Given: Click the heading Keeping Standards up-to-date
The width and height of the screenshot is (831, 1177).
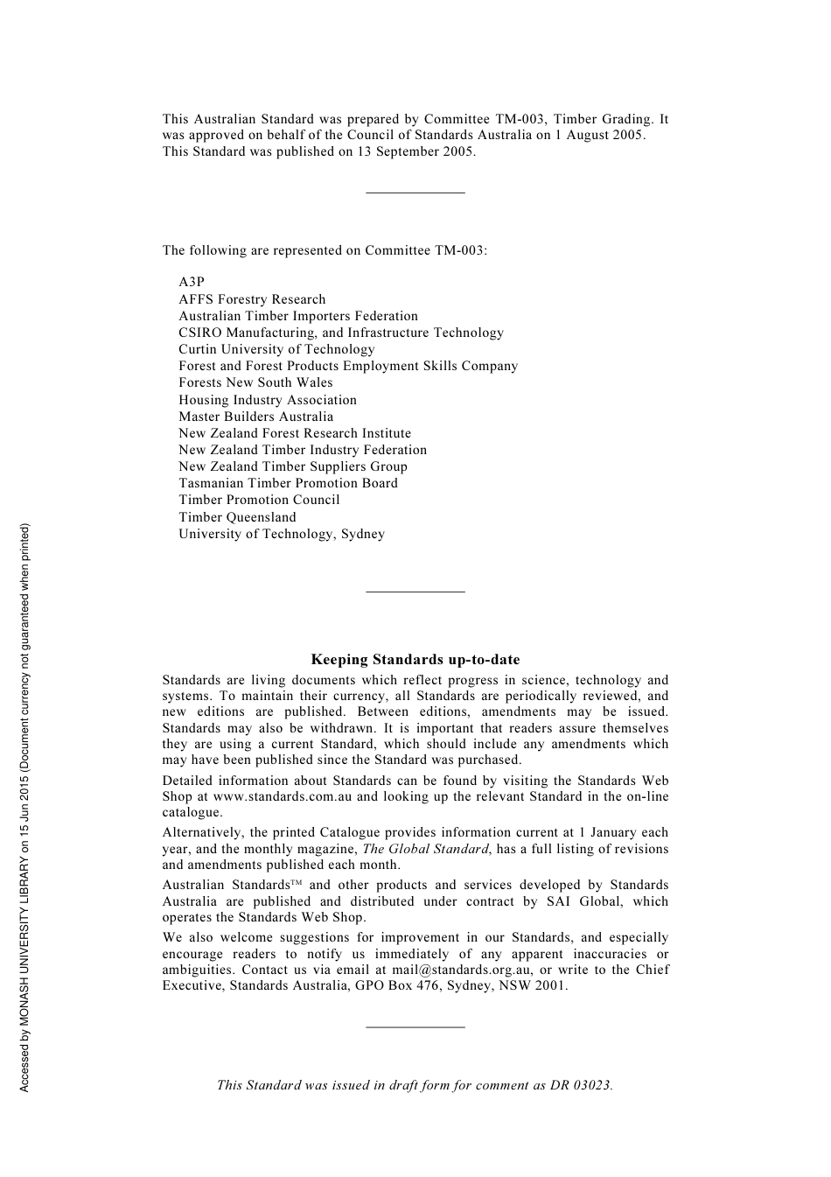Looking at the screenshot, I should tap(415, 660).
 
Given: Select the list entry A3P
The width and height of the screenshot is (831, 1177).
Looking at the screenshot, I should tap(192, 282).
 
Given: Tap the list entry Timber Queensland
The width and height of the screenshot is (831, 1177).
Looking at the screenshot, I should tap(237, 517).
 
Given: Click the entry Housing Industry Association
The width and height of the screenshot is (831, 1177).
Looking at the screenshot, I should tap(268, 400).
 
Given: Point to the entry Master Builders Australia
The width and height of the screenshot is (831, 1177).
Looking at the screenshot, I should tap(255, 417).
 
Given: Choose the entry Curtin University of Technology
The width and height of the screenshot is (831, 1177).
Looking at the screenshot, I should tap(276, 349).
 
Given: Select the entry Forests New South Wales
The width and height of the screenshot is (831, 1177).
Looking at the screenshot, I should tap(255, 382).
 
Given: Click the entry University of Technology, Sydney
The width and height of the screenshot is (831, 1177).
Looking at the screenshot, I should tap(282, 534).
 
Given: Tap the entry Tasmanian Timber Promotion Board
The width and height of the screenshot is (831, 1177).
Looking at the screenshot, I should tap(288, 483).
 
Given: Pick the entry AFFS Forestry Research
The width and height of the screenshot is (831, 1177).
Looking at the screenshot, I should tap(252, 299).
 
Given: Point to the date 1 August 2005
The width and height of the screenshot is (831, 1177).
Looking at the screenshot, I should tap(599, 135).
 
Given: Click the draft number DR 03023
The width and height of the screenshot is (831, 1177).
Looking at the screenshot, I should tap(581, 1085).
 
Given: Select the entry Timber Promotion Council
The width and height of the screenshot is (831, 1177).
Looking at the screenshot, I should tap(259, 500).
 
